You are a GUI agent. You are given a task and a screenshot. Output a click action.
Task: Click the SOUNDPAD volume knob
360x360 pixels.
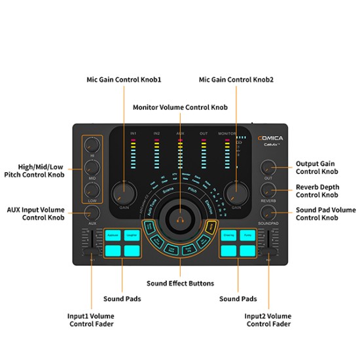[x=268, y=213]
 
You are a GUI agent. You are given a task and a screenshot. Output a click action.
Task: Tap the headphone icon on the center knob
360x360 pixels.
[x=179, y=221]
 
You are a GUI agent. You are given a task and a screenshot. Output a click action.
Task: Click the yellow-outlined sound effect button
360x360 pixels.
[x=211, y=226]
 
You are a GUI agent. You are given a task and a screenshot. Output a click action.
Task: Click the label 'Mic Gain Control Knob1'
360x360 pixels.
[x=124, y=79]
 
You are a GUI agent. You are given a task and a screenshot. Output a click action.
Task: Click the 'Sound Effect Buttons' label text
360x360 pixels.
[x=179, y=283]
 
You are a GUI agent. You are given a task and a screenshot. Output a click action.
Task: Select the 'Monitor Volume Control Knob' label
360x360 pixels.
[x=180, y=107]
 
